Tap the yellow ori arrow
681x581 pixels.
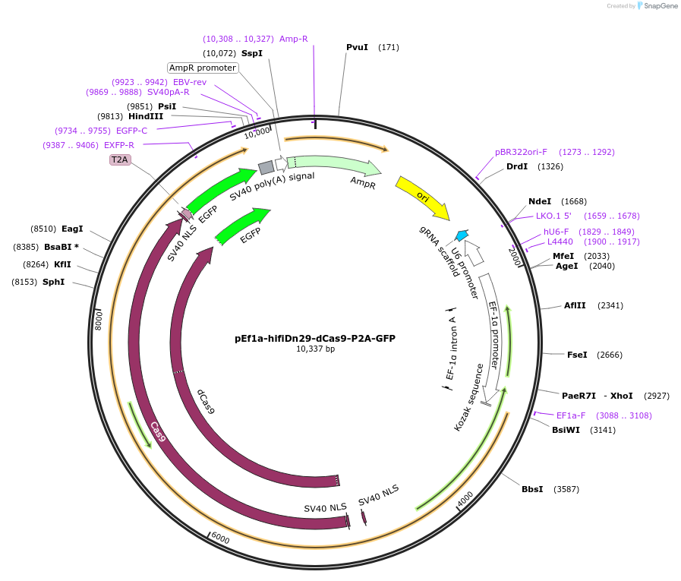422,197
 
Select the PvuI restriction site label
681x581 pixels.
357,47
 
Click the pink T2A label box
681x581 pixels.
120,159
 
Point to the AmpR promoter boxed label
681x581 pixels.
203,68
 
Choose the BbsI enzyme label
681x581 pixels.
532,489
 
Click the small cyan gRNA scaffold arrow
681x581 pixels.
462,235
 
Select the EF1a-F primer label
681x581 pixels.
571,415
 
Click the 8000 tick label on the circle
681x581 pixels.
98,320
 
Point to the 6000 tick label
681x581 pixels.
220,538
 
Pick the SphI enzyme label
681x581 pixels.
53,282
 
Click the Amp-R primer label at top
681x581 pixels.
294,39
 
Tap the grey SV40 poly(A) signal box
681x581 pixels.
266,168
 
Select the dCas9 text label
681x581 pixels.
206,402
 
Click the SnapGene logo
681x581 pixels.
657,6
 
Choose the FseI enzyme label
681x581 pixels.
577,355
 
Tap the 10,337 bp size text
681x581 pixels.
315,349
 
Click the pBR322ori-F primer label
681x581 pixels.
521,152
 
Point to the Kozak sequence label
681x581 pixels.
468,397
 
